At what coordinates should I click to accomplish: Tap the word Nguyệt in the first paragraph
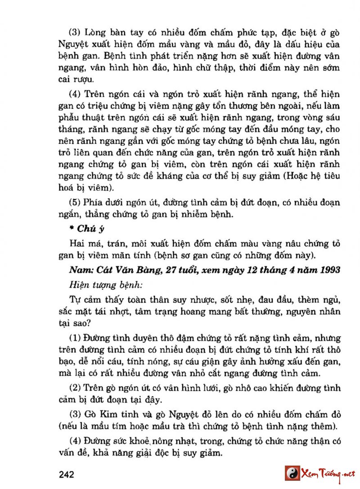74,45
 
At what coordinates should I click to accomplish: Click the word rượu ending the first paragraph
85,81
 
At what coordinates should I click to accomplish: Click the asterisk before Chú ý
72,229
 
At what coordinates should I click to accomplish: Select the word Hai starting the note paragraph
78,244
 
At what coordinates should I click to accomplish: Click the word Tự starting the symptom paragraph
75,300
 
